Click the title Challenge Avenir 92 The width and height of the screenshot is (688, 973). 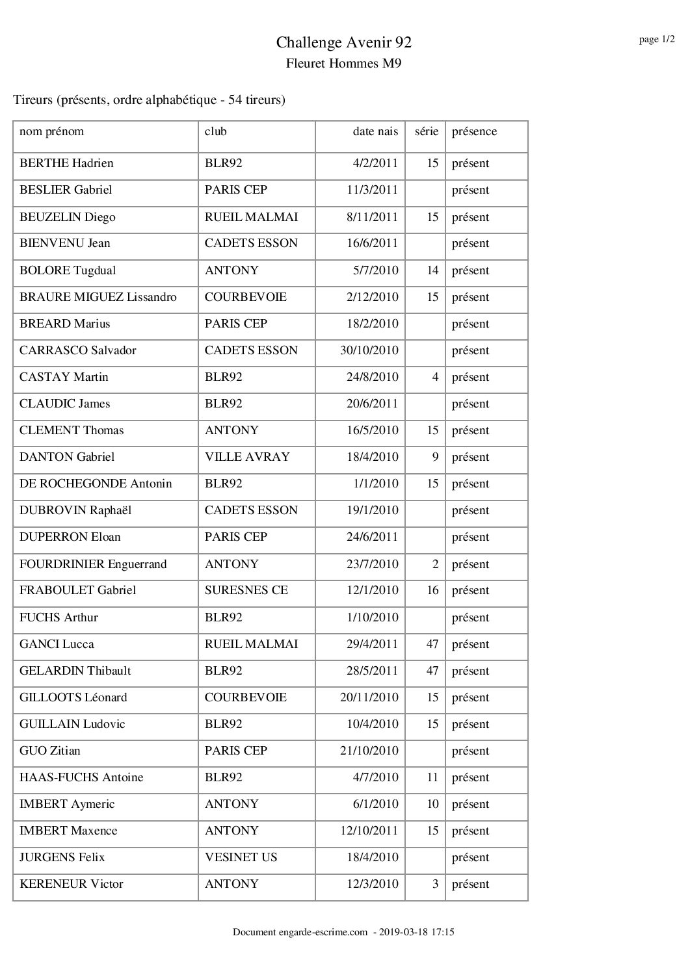[x=343, y=43]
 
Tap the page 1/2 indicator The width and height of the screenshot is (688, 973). [x=655, y=40]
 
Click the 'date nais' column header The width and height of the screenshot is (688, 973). [x=375, y=132]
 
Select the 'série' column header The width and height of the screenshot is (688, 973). [x=426, y=132]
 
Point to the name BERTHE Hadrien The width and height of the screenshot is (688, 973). [x=66, y=163]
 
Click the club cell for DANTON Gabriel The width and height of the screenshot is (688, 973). [x=246, y=457]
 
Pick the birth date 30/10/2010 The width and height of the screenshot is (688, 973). [x=369, y=350]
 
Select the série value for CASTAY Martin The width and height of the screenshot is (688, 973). [x=435, y=377]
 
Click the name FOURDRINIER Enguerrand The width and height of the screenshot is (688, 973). [x=93, y=564]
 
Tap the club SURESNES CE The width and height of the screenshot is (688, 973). [x=246, y=590]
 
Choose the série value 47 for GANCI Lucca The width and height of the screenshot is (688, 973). [x=432, y=644]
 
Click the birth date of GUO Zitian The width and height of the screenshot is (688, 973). [x=369, y=751]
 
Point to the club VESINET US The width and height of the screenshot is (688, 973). [x=241, y=857]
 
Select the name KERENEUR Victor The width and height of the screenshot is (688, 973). [x=72, y=884]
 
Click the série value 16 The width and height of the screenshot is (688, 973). [x=432, y=590]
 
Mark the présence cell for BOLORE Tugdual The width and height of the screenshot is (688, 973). [x=470, y=270]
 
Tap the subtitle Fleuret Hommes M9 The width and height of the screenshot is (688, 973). [x=343, y=64]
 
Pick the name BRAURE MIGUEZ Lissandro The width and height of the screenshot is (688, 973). [x=98, y=297]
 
